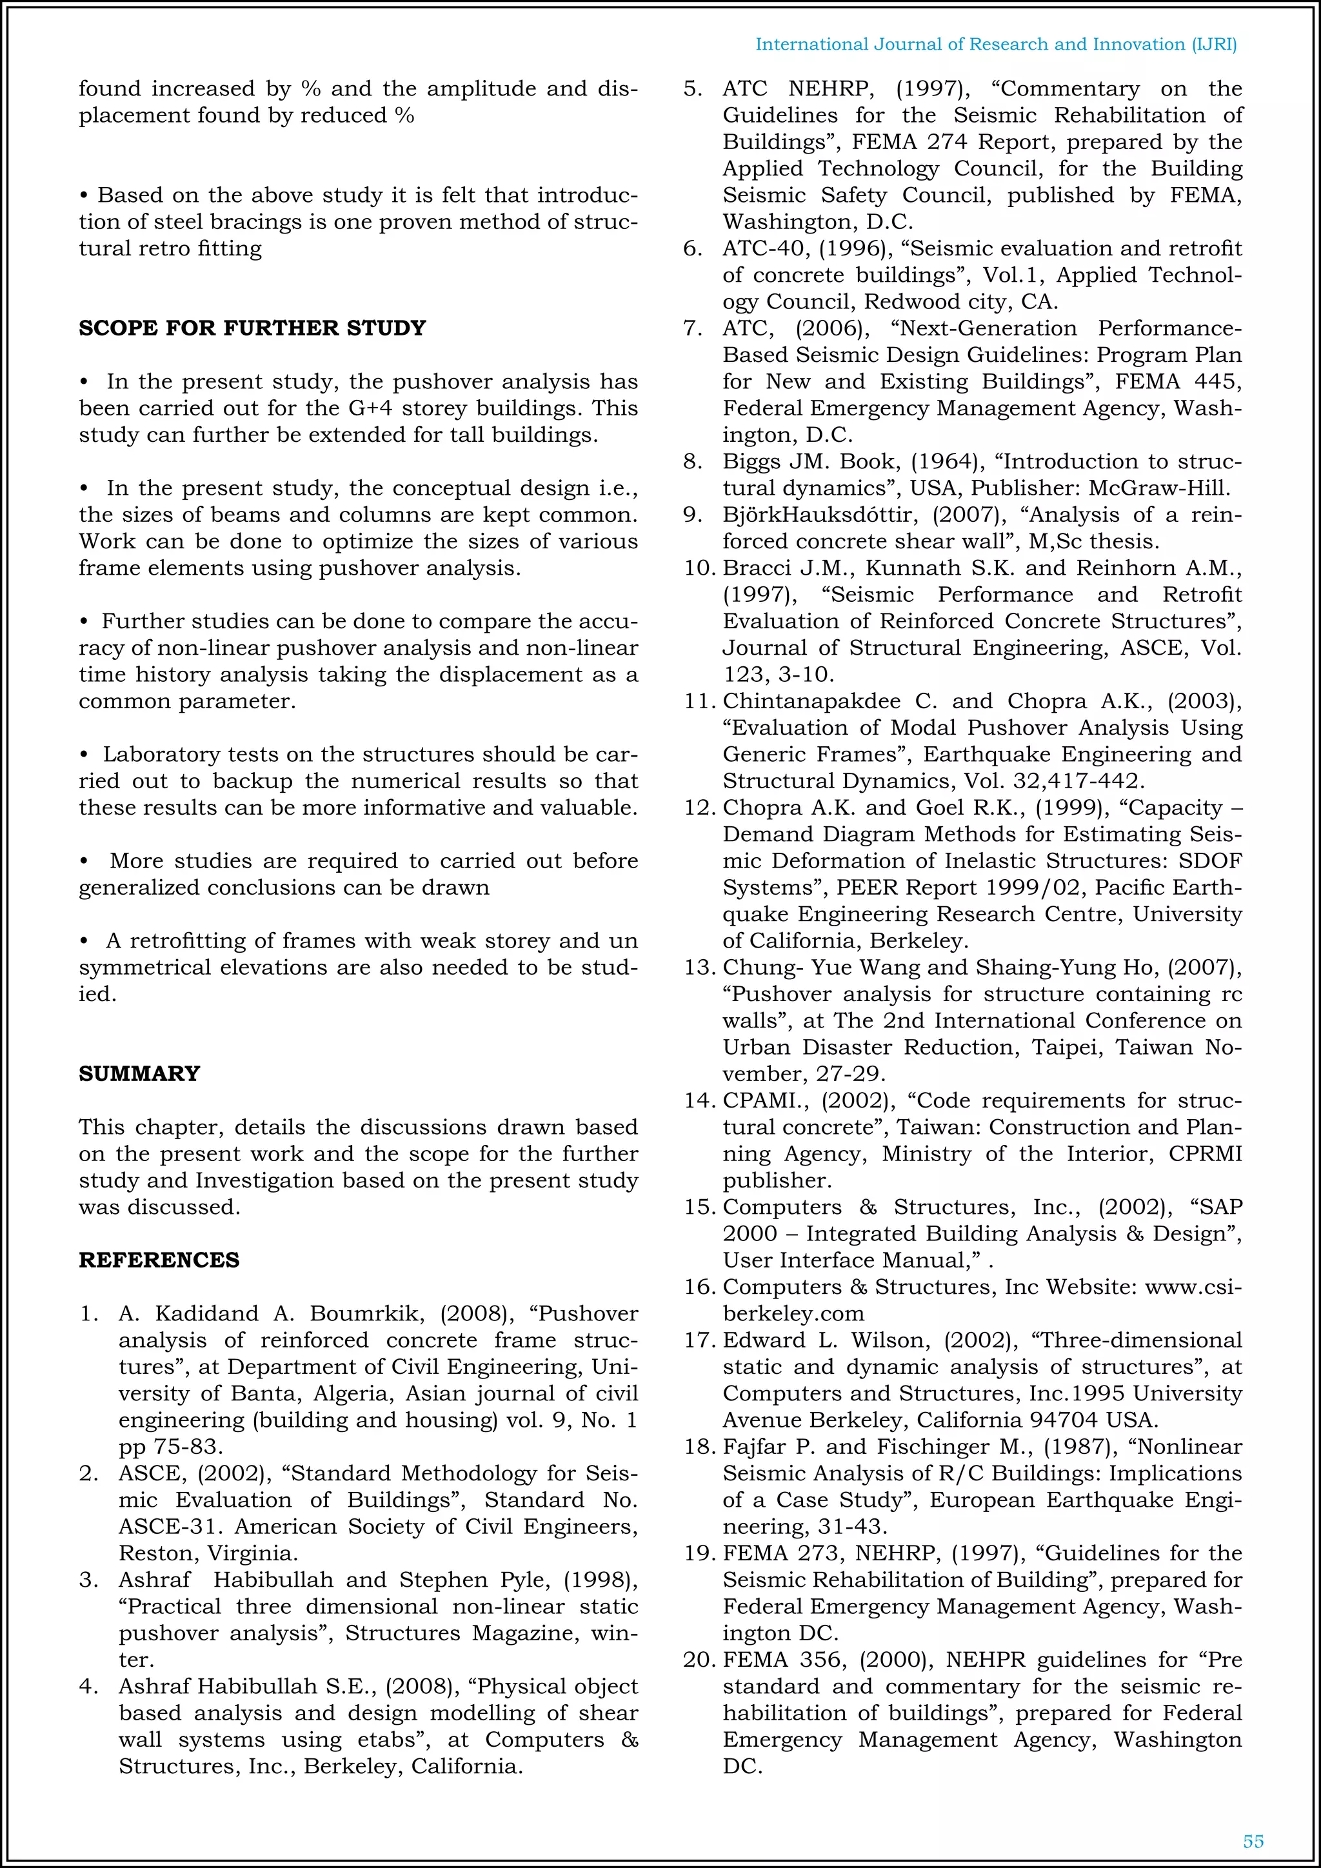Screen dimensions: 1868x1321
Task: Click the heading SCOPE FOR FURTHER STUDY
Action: tap(252, 328)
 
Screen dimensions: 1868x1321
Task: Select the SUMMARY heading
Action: tap(139, 1074)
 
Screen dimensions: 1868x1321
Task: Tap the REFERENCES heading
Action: tap(159, 1260)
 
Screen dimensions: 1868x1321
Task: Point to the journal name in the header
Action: tap(996, 45)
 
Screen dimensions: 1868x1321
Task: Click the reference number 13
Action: tap(698, 968)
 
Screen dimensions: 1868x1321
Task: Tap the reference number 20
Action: tap(698, 1660)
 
